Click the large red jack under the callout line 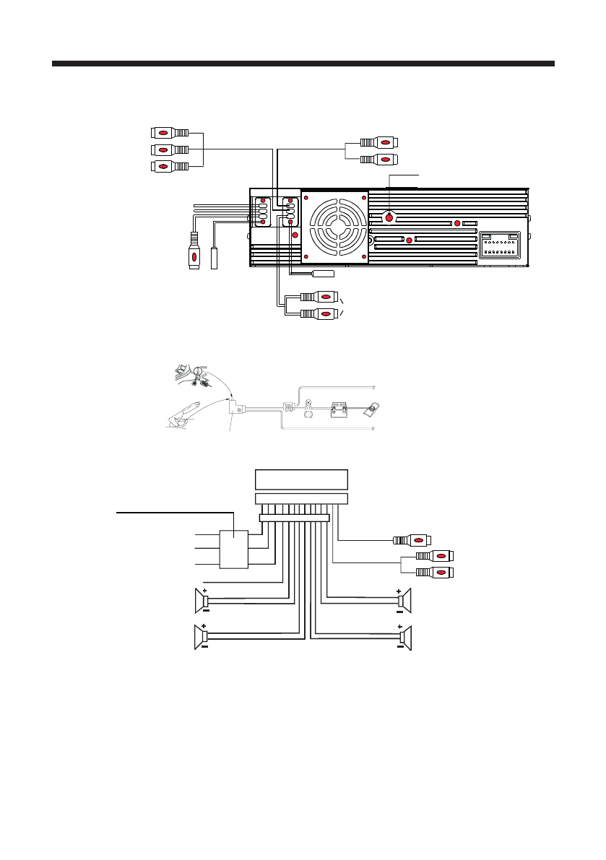point(389,217)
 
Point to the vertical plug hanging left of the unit point(194,252)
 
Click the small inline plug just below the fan point(323,274)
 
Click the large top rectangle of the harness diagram point(302,479)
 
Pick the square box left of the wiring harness point(233,549)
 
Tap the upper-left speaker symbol point(202,599)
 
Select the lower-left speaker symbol point(202,637)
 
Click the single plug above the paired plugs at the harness point(411,539)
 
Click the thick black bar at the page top point(303,64)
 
